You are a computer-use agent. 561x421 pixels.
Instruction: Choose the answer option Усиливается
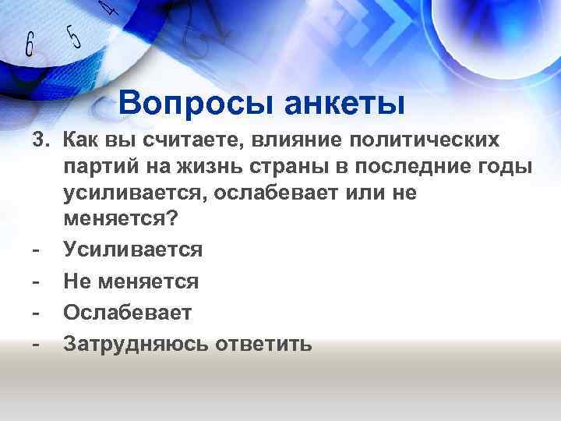(132, 250)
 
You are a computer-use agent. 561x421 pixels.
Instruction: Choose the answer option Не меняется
(131, 281)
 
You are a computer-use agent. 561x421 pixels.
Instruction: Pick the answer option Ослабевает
(127, 312)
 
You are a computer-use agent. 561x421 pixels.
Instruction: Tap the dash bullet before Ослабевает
(35, 312)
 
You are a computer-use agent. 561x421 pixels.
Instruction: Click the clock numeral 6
(30, 46)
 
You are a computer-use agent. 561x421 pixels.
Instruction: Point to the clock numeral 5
(74, 36)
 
